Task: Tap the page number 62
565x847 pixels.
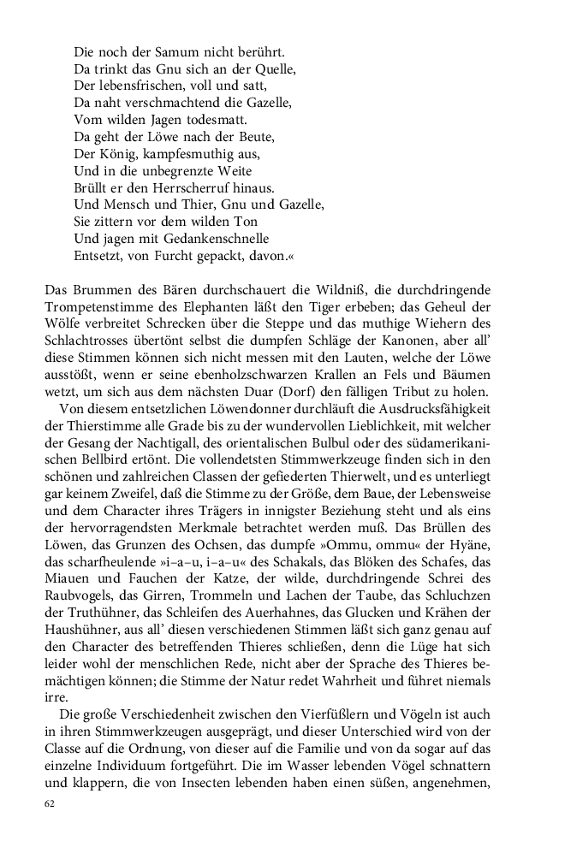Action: click(50, 805)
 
